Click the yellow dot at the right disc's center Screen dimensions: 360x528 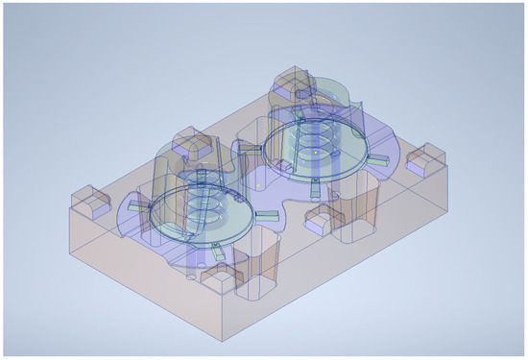[315, 151]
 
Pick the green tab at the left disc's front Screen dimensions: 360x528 [220, 251]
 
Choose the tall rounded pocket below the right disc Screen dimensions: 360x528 [360, 206]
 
